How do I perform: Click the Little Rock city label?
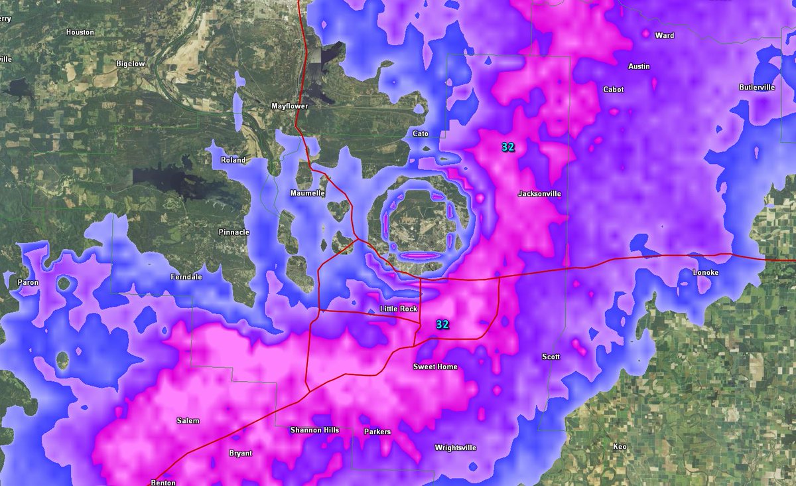(x=399, y=309)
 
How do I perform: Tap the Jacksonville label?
(x=539, y=194)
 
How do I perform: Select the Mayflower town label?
(x=290, y=106)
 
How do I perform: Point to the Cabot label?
(x=614, y=90)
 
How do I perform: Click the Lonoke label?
(x=705, y=273)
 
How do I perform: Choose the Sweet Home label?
(x=435, y=367)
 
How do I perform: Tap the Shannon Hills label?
(x=314, y=430)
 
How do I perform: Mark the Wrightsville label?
(x=456, y=448)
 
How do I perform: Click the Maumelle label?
(x=308, y=193)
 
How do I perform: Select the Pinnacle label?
(x=234, y=232)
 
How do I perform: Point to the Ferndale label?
(x=186, y=277)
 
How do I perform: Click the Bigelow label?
(x=130, y=64)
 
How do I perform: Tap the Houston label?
(x=80, y=32)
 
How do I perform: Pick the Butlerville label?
(x=757, y=88)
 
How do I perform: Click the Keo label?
(x=620, y=447)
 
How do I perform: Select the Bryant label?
(x=240, y=453)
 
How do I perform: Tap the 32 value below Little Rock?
(x=442, y=325)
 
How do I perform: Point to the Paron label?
(x=29, y=283)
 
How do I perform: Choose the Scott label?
(x=551, y=357)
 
